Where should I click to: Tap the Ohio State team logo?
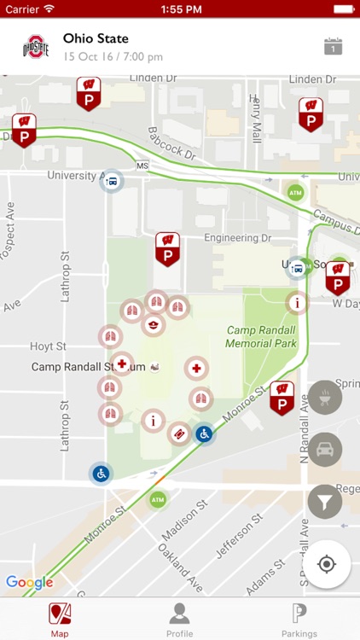[36, 47]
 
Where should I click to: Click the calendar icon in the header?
[334, 47]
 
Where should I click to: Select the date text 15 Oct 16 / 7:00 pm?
[113, 57]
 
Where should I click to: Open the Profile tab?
[179, 619]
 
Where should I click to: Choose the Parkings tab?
[299, 619]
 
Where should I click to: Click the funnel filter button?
[325, 502]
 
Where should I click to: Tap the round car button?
[325, 450]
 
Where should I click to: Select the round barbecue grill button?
[325, 398]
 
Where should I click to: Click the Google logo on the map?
[29, 583]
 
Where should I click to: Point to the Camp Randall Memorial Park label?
[261, 336]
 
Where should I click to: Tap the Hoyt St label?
[48, 346]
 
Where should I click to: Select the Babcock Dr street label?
[171, 144]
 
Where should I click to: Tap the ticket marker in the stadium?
[179, 434]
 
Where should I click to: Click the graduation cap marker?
[153, 324]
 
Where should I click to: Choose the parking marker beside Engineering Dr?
[167, 248]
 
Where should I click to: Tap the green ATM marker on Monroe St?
[157, 499]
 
